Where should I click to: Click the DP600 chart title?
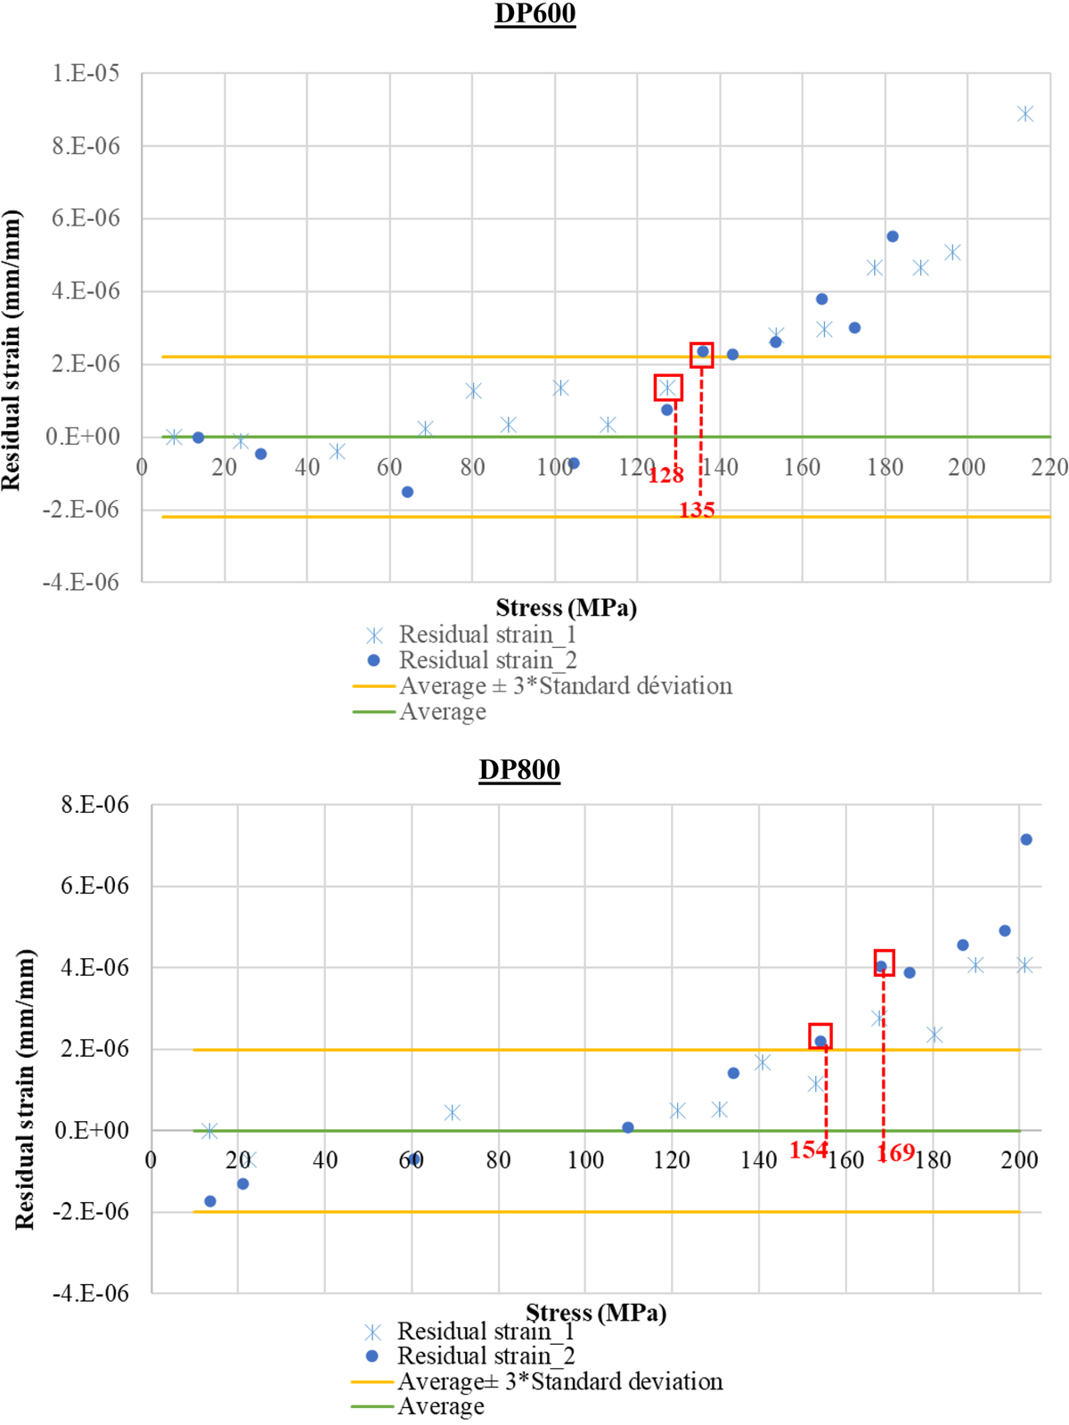pos(534,14)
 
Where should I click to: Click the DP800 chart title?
pos(519,770)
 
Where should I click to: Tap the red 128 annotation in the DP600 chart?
pos(665,475)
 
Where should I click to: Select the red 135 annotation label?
pos(697,510)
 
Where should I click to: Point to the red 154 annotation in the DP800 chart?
pos(808,1151)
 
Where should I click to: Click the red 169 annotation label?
pos(895,1153)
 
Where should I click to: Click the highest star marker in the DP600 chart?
pos(1025,114)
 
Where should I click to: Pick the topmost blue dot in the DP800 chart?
pos(1026,839)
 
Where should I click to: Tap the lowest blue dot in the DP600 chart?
pos(407,492)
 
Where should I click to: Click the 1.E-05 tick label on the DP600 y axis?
pos(86,73)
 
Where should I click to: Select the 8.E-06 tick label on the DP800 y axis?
pos(94,805)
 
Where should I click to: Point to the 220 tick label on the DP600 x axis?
pos(1049,467)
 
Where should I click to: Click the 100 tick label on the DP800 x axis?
pos(585,1159)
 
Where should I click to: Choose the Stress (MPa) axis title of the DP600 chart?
pos(567,608)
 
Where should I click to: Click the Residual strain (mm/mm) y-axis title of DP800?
pos(25,1089)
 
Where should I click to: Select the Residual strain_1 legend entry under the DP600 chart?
pos(486,635)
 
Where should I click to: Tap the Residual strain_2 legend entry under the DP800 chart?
pos(485,1356)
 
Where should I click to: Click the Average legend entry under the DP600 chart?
pos(442,712)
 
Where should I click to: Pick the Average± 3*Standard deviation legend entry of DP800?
pos(559,1381)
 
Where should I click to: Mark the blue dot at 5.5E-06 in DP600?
pos(893,236)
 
